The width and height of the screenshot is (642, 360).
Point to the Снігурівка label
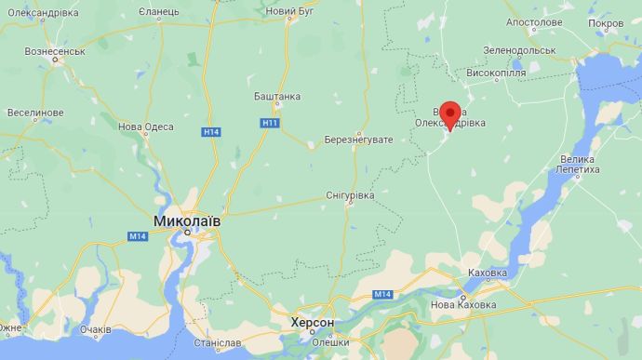point(350,195)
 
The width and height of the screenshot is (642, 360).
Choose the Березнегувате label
point(359,140)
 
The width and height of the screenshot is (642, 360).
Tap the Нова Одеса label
point(145,127)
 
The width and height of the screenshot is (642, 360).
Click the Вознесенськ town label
point(55,50)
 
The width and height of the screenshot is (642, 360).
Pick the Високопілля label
point(496,72)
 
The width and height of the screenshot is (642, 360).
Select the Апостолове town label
point(534,21)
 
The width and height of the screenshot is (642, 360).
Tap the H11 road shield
point(269,123)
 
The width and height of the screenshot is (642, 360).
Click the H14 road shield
point(211,132)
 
